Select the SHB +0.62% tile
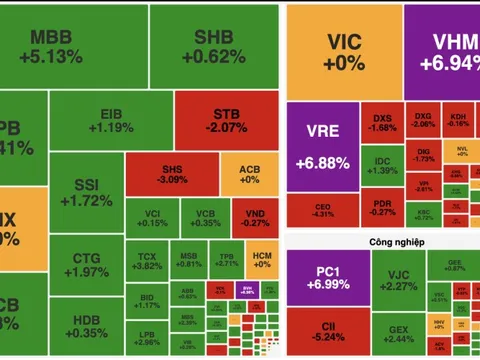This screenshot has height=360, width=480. (x=212, y=47)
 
